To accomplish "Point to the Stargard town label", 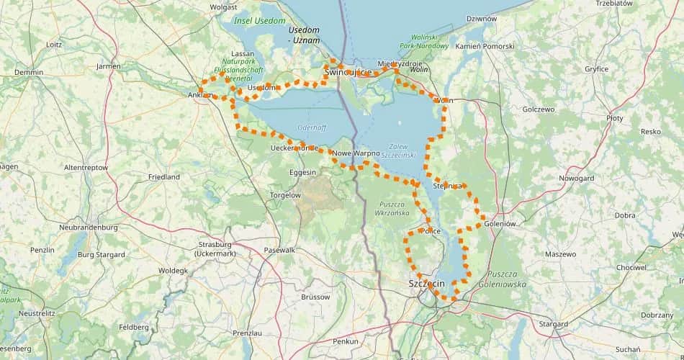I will point(553,325).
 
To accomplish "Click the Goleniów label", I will point(501,224).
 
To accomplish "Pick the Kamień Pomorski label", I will point(485,47).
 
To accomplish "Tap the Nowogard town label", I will point(576,177).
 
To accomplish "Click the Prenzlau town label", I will point(247,333).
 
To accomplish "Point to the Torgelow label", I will point(285,195).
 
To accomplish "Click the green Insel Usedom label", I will point(259,21).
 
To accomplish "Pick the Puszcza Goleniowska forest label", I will point(507,279).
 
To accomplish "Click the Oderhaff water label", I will point(312,127).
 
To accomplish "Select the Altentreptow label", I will point(86,167).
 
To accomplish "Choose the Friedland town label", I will point(163,176).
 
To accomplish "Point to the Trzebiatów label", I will point(613,4).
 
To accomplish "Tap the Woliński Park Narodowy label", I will point(429,41).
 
